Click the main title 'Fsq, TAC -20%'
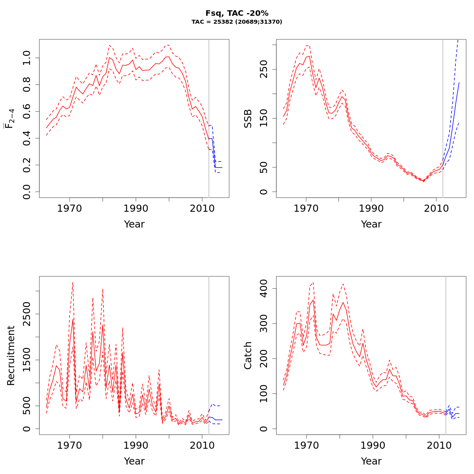237,13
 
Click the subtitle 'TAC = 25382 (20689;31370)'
237,22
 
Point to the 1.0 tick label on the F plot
27,58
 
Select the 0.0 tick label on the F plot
27,192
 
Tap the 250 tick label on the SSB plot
264,69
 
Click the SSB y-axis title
248,118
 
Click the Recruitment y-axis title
11,355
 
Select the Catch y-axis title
248,355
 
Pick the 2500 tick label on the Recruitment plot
27,314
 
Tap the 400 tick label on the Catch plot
264,288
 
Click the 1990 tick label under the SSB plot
371,208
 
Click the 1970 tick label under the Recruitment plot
70,445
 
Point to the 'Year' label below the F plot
134,224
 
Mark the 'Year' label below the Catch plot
371,461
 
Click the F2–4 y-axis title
9,118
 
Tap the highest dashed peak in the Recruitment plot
73,282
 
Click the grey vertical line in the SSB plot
443,118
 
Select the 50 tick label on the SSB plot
264,167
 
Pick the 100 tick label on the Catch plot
264,394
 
